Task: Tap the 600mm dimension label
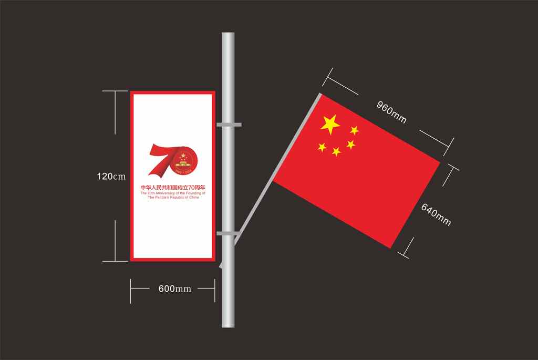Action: point(174,289)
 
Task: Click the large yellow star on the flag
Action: point(330,124)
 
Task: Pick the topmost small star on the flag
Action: point(354,130)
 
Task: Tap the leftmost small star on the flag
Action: point(322,147)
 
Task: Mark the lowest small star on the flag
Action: point(336,152)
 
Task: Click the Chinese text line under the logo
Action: point(172,188)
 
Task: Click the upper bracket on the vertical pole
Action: point(229,125)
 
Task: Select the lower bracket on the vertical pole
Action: point(229,233)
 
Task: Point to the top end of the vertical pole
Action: point(228,35)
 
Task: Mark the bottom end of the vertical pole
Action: point(228,325)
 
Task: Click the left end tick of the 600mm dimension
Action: point(131,289)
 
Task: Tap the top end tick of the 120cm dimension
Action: point(115,91)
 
